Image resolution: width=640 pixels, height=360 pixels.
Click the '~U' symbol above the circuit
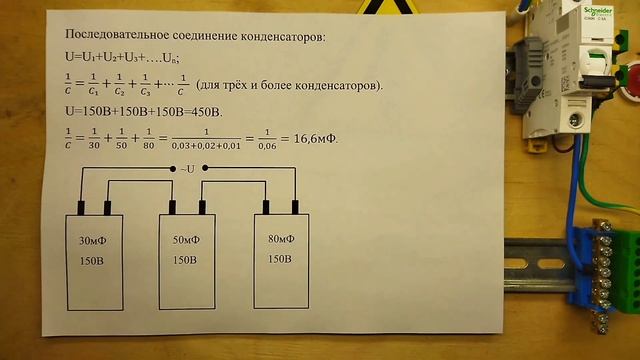tap(190, 168)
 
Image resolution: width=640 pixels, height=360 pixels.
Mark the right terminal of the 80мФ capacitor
tap(296, 207)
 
